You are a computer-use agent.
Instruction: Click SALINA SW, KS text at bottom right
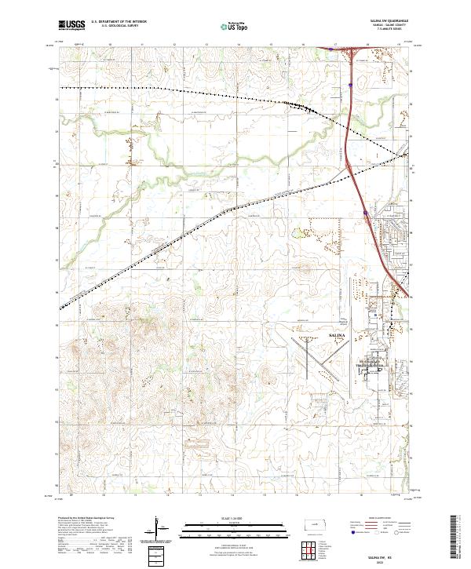coord(383,555)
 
